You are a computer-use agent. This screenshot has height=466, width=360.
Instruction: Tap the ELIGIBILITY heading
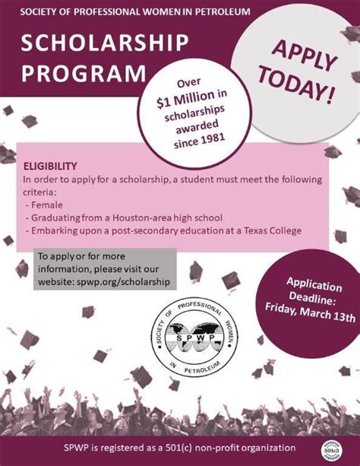(x=50, y=165)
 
